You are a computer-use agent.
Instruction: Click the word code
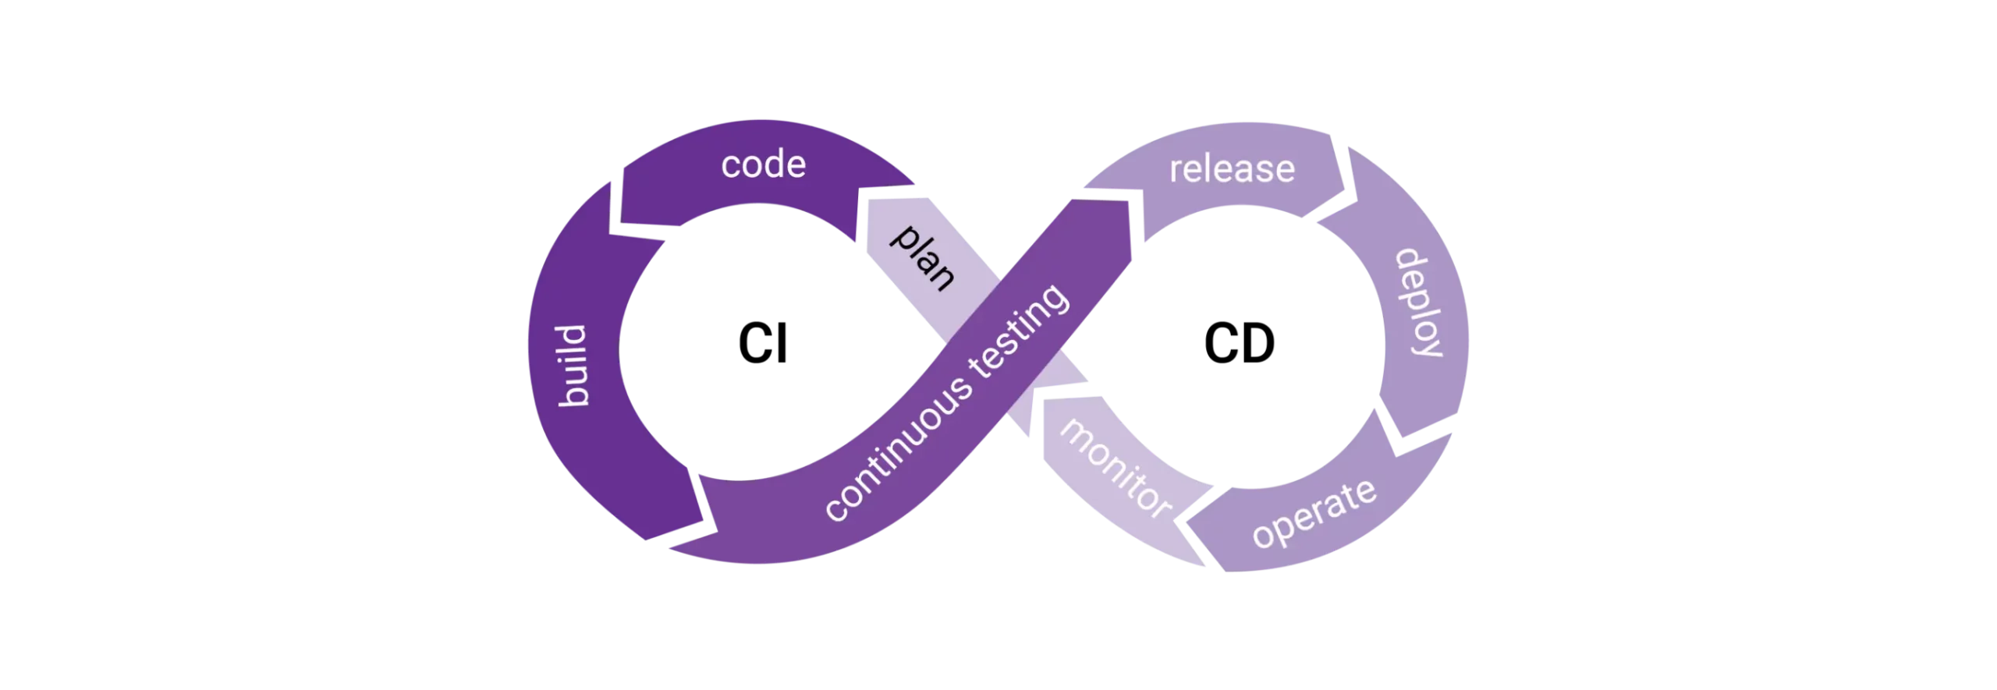(763, 165)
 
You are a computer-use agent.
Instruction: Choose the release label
(1232, 168)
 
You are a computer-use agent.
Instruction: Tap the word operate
(1314, 514)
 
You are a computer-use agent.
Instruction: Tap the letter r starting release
(1175, 170)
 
